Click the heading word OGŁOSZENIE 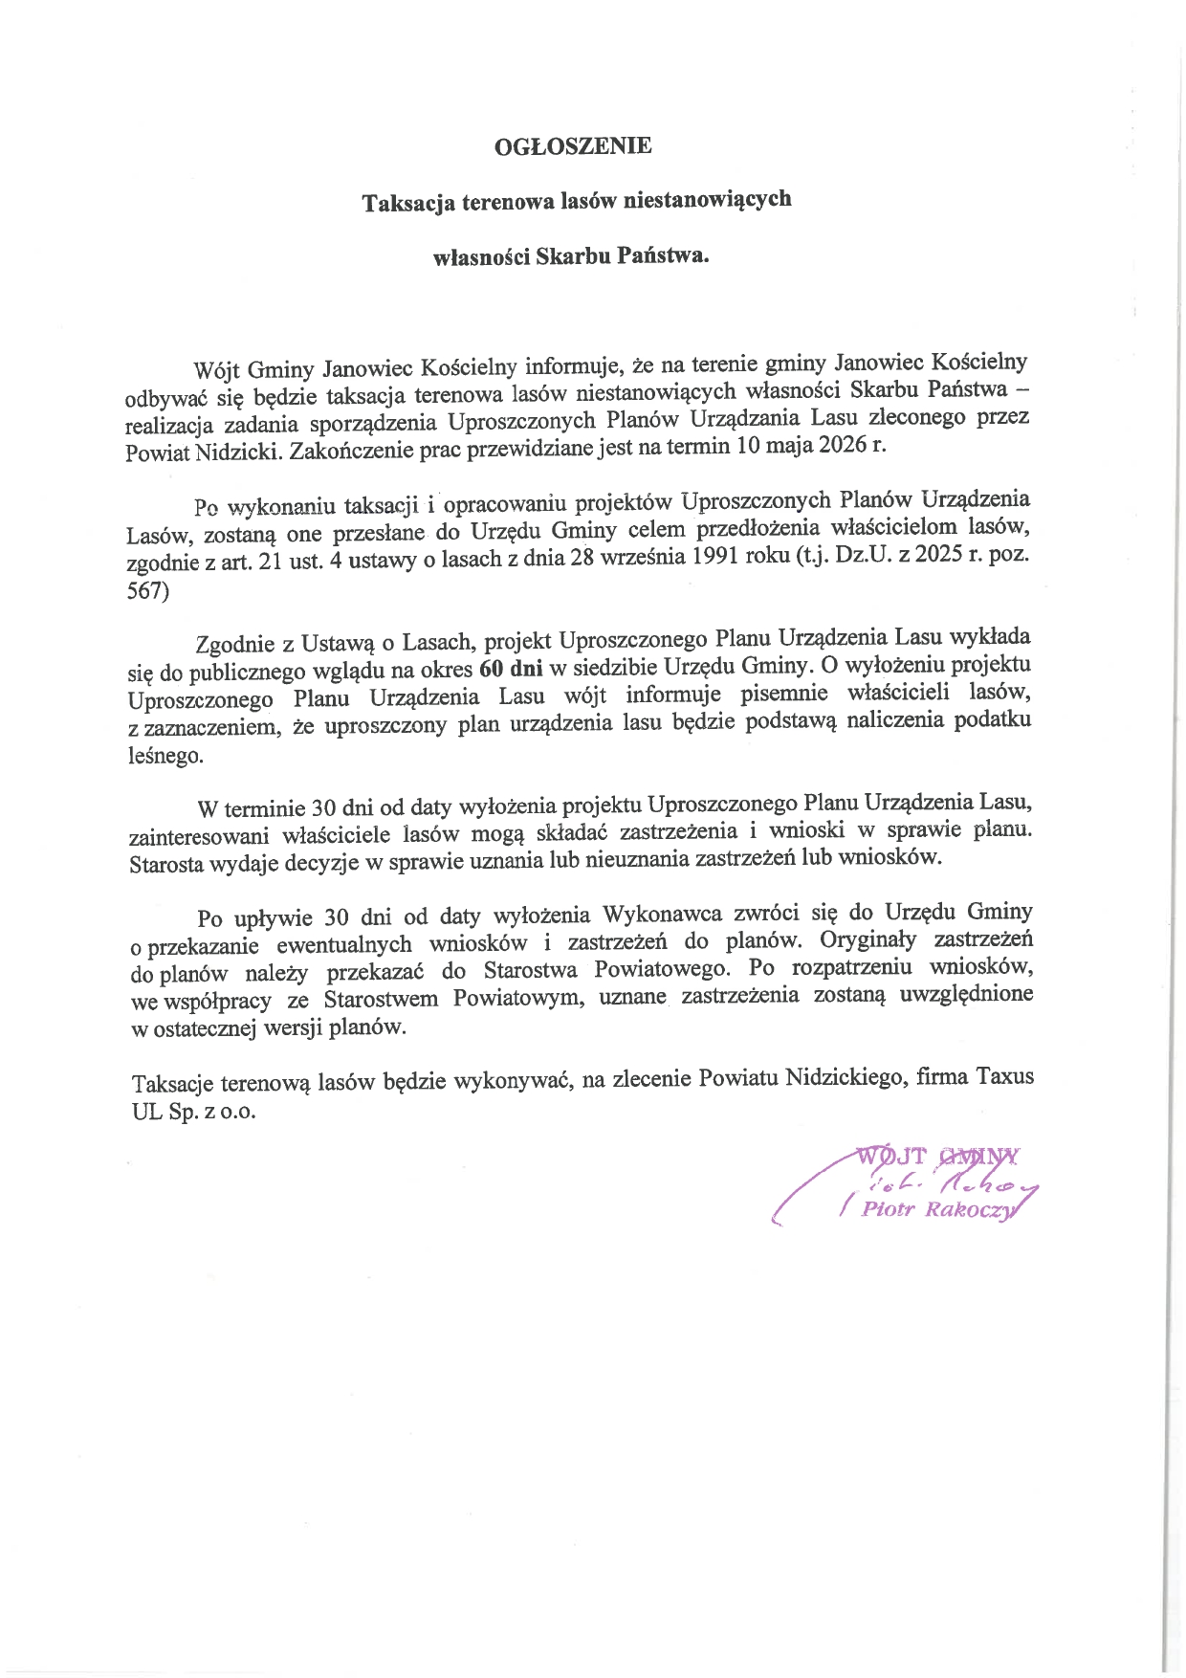(573, 146)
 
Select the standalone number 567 (147, 591)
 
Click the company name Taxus (1004, 1076)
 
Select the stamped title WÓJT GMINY (937, 1156)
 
